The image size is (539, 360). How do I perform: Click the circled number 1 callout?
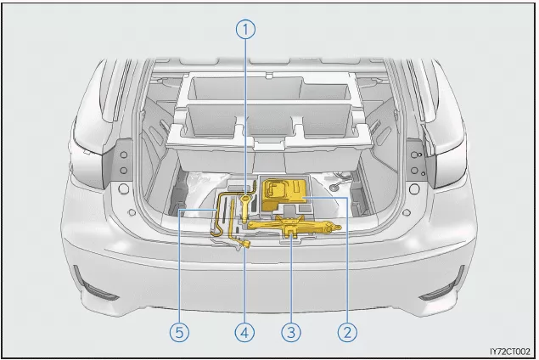click(x=245, y=30)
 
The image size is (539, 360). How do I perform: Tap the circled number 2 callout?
click(x=347, y=333)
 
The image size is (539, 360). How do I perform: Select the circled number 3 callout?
click(x=291, y=333)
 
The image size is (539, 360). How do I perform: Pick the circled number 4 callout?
click(x=244, y=333)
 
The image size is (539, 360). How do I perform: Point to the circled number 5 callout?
click(x=179, y=333)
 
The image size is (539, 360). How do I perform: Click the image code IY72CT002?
click(x=510, y=352)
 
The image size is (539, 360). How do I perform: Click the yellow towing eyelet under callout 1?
click(x=244, y=206)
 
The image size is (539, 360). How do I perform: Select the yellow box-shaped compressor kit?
click(x=284, y=194)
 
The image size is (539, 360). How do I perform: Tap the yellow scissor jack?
click(x=294, y=226)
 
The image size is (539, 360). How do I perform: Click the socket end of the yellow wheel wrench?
click(x=246, y=245)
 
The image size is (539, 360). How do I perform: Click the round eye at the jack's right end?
click(x=338, y=227)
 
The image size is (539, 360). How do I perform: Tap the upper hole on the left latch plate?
click(x=124, y=155)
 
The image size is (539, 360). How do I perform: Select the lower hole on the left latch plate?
click(x=124, y=170)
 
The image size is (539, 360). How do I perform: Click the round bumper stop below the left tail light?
click(x=123, y=188)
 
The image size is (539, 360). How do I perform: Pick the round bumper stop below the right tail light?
click(x=414, y=188)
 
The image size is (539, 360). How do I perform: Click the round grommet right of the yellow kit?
click(x=334, y=188)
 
